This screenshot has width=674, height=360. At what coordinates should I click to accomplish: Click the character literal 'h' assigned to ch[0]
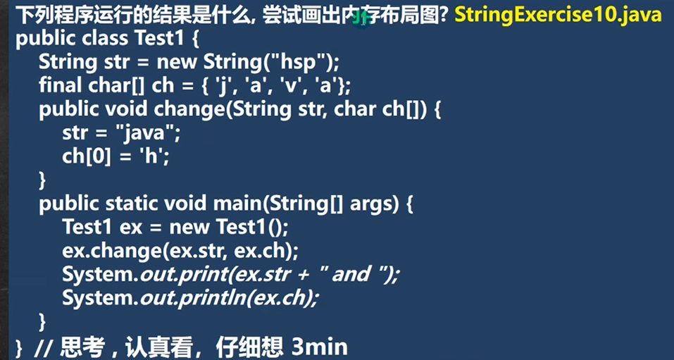151,157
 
